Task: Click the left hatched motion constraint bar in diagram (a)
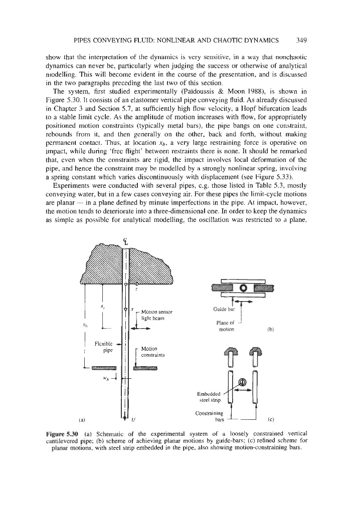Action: coord(104,369)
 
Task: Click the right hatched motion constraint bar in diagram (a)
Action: coord(146,369)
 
